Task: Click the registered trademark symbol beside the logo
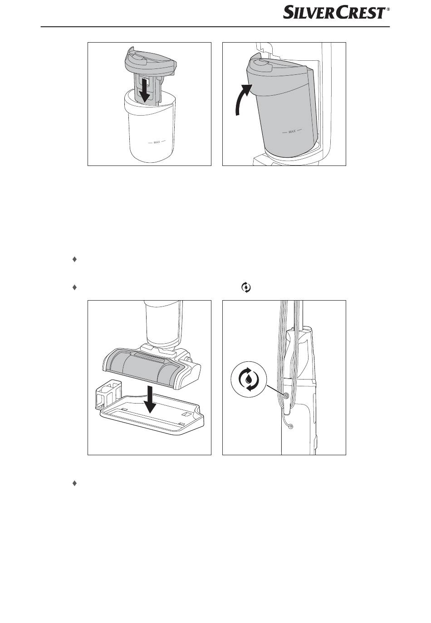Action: pyautogui.click(x=388, y=9)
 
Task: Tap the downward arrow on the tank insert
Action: pyautogui.click(x=144, y=90)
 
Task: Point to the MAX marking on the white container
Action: pyautogui.click(x=157, y=142)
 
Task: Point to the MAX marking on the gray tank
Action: pyautogui.click(x=292, y=131)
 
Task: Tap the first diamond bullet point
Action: pyautogui.click(x=74, y=259)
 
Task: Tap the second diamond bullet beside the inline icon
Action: pyautogui.click(x=74, y=287)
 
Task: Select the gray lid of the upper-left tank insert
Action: pyautogui.click(x=151, y=61)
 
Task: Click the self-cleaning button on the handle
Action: pyautogui.click(x=286, y=395)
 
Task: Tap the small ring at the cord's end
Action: pyautogui.click(x=291, y=427)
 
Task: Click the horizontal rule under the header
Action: pyautogui.click(x=215, y=27)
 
